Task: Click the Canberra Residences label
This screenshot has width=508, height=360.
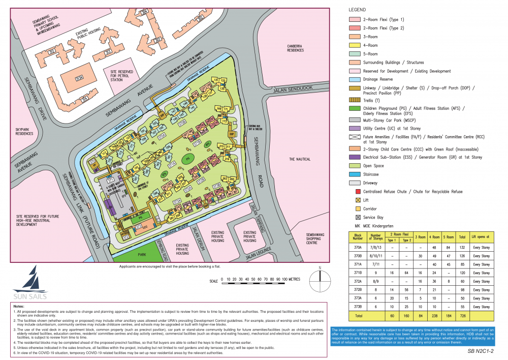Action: (x=295, y=48)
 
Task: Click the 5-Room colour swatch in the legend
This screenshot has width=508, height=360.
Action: (x=354, y=54)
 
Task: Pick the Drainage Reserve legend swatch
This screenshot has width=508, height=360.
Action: (x=354, y=80)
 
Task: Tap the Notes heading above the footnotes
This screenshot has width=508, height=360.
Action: (x=19, y=307)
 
